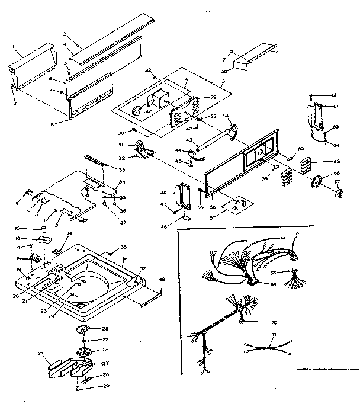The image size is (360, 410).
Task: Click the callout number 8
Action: tap(53, 124)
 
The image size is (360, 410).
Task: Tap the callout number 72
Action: tap(41, 354)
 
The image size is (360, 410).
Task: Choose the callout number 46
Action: tap(163, 193)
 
